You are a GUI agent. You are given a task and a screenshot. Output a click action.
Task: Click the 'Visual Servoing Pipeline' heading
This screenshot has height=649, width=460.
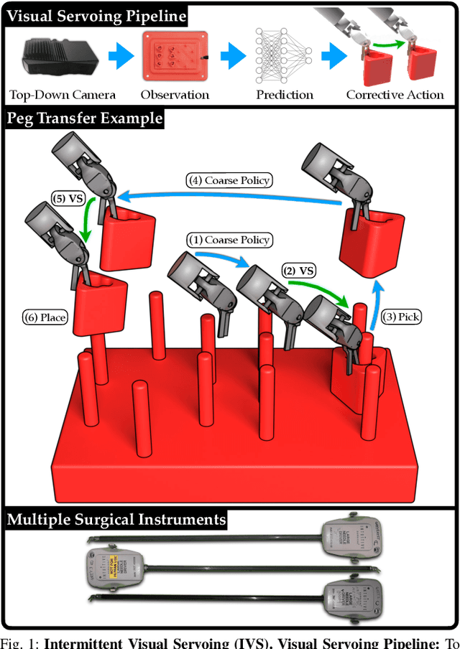[96, 15]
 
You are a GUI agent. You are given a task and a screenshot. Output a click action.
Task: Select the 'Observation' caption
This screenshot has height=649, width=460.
[175, 95]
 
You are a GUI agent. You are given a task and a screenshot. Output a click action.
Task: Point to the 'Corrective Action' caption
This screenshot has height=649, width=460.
[395, 95]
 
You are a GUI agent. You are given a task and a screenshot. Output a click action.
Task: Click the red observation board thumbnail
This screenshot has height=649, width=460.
[175, 57]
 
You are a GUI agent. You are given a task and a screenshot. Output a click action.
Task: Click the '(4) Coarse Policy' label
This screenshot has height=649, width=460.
[229, 179]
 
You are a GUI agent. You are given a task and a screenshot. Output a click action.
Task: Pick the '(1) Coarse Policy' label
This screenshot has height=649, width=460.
[229, 240]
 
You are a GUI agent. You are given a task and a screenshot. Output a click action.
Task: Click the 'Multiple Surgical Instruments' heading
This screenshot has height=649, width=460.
[116, 519]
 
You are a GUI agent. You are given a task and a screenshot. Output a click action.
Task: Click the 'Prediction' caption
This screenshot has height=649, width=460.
[285, 95]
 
